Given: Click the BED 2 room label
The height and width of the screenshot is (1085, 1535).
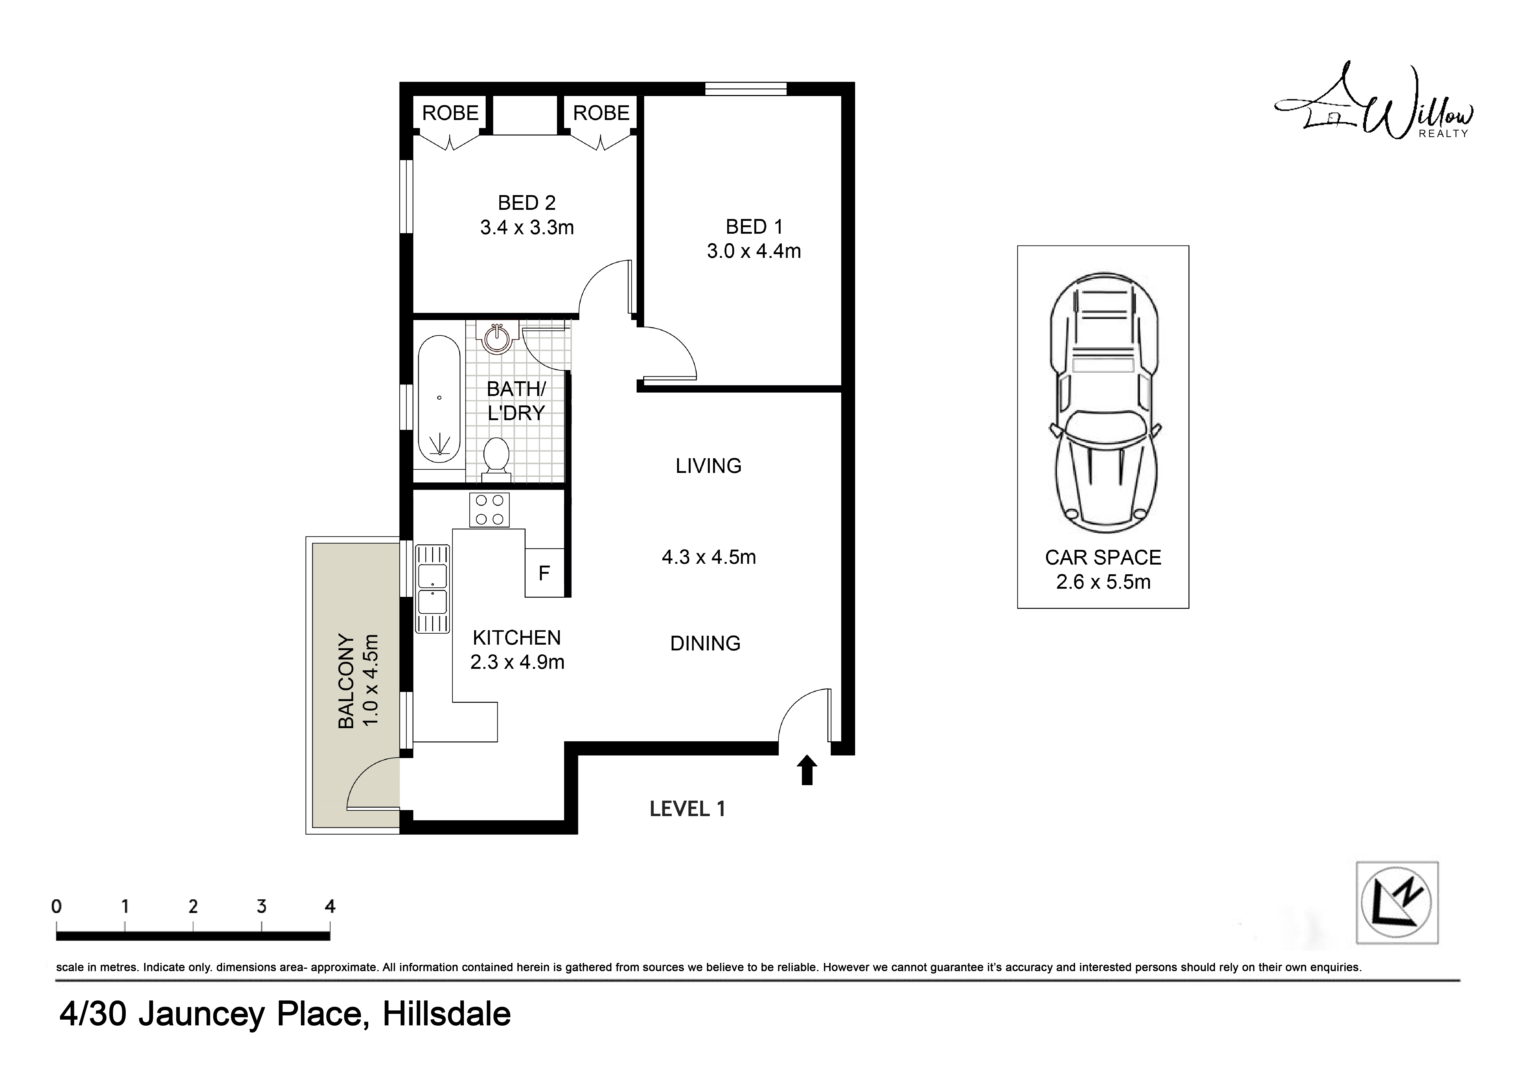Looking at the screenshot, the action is pyautogui.click(x=527, y=202).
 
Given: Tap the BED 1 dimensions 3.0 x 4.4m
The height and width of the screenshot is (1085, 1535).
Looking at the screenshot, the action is pyautogui.click(x=754, y=251).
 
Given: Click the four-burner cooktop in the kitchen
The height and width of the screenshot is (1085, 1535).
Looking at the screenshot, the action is pyautogui.click(x=489, y=510).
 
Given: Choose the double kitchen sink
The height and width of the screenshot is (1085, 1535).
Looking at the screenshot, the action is pyautogui.click(x=433, y=589).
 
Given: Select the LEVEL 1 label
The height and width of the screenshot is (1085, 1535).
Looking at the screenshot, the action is pyautogui.click(x=687, y=809).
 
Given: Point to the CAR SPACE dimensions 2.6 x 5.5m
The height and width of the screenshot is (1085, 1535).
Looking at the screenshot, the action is pyautogui.click(x=1103, y=582).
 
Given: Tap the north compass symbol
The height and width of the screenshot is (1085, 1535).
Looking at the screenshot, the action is pyautogui.click(x=1397, y=903).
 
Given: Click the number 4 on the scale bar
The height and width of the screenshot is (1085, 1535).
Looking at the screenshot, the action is pyautogui.click(x=329, y=906).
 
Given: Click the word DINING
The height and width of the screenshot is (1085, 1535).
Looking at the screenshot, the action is pyautogui.click(x=705, y=644).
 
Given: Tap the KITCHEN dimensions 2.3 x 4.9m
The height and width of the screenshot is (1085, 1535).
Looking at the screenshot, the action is pyautogui.click(x=517, y=663).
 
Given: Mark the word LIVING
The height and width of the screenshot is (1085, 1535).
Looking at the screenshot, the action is pyautogui.click(x=709, y=466).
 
